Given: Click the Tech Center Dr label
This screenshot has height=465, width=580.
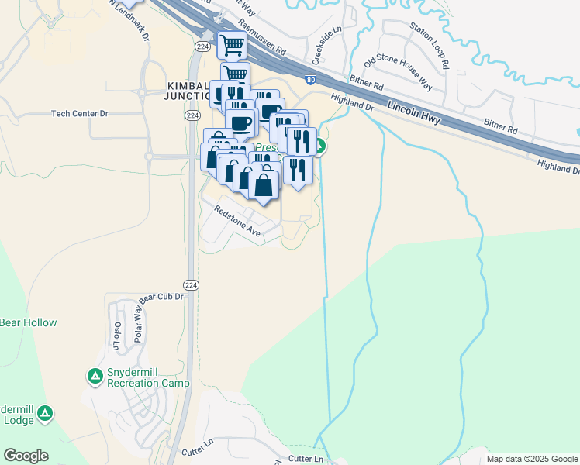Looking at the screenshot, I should pos(80,114).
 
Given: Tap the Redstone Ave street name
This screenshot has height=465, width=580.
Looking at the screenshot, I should pos(236,220).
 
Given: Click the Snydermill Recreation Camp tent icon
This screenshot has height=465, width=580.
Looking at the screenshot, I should pos(95,377).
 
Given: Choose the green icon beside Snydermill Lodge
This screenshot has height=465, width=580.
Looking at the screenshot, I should pos(46,414).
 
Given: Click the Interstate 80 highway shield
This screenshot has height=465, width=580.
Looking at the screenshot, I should pos(310,79).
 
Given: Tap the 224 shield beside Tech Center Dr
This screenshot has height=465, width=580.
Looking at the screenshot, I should pos(192,115).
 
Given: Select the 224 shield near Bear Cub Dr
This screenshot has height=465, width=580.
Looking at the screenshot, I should pos(192,284).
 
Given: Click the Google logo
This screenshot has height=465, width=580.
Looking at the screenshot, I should pos(26,456).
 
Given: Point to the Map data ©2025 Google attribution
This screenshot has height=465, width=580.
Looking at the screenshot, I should pos(532,459).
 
